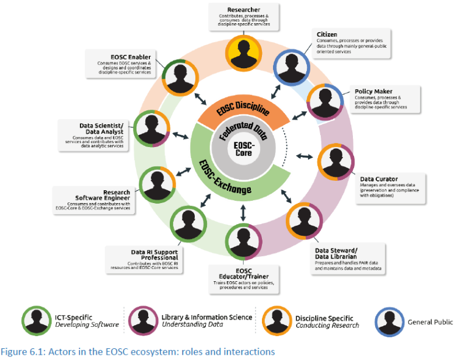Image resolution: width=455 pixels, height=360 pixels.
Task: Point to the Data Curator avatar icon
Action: [x=336, y=162]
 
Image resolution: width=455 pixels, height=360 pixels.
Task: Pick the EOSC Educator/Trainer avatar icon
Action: [x=243, y=242]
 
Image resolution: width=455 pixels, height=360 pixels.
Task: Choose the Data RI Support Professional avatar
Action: [x=188, y=224]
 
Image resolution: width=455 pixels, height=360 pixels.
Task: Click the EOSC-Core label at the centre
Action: [x=243, y=148]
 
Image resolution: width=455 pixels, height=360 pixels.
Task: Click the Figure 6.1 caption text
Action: [x=138, y=352]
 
